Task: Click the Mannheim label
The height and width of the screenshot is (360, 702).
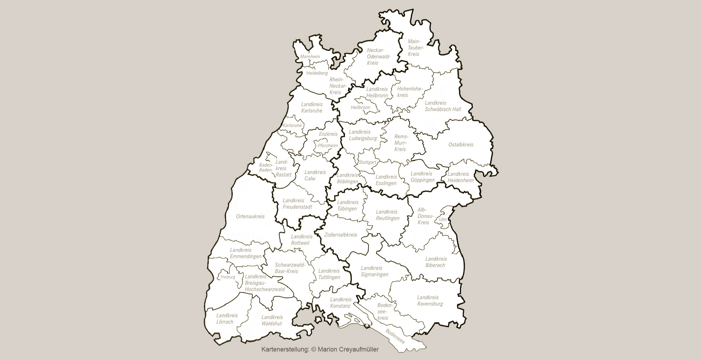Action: click(310, 57)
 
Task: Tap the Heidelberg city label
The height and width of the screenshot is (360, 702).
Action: click(317, 73)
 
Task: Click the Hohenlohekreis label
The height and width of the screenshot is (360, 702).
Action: click(409, 92)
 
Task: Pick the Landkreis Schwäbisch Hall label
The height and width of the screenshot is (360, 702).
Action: click(443, 106)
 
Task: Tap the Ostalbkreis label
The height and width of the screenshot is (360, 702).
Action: click(461, 145)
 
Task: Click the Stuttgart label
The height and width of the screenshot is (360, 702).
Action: click(368, 162)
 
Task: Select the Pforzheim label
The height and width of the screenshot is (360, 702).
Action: click(328, 146)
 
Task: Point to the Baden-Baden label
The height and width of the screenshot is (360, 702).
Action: click(266, 167)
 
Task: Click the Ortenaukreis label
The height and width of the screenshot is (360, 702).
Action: click(250, 216)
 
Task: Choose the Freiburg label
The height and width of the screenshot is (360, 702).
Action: click(228, 277)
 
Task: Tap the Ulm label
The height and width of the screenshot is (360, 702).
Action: click(443, 219)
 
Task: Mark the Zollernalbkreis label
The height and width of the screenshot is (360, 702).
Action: click(341, 235)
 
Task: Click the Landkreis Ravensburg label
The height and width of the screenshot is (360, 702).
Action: click(430, 301)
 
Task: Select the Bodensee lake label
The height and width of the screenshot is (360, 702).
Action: click(395, 336)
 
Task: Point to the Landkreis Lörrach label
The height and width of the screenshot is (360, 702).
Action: click(226, 319)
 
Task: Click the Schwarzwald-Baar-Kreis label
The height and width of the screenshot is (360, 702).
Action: click(289, 268)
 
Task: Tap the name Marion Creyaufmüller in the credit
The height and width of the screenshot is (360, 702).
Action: click(348, 349)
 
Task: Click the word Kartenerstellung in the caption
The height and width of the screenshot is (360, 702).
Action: click(285, 349)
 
